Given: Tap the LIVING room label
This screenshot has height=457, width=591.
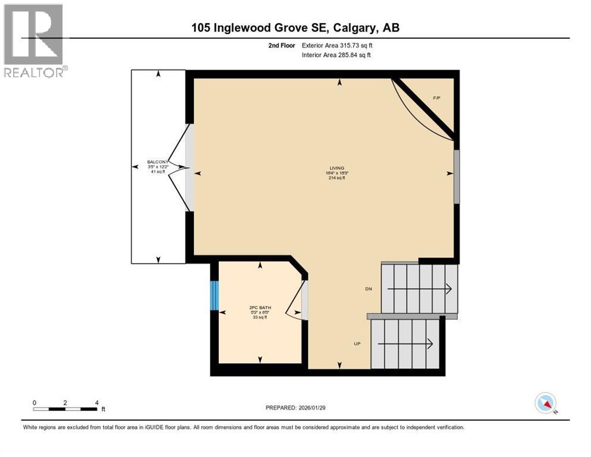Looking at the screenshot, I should coord(338,168).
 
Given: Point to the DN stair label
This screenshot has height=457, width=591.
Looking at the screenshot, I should coord(369,289).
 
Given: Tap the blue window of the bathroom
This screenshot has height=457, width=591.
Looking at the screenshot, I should coord(215,295).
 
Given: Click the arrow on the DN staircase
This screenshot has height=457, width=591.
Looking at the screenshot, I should coord(419,289).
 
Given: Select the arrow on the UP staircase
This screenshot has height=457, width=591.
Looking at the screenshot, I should coord(408,344).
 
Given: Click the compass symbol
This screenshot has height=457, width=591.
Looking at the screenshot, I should coord(545,403).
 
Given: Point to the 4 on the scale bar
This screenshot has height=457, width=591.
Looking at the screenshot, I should coord(96,402).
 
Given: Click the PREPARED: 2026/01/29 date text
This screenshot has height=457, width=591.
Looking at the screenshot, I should coord(304,408).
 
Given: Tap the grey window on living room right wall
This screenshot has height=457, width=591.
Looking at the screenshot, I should coord(457,177).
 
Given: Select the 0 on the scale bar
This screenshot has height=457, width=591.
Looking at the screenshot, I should coord(34,402).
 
